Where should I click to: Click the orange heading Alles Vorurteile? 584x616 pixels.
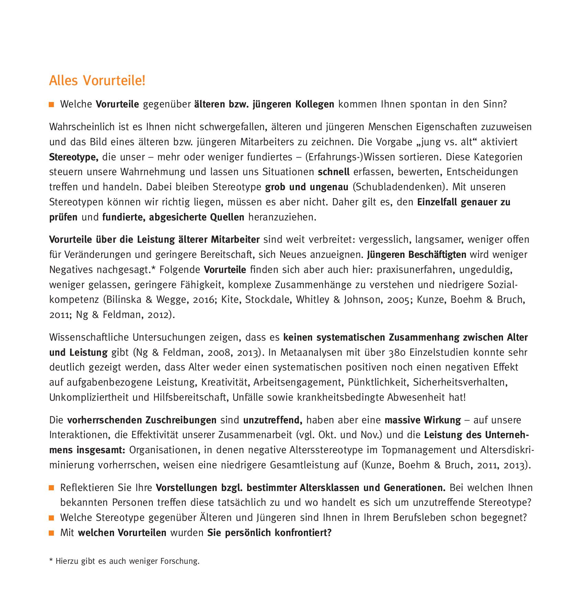(x=97, y=81)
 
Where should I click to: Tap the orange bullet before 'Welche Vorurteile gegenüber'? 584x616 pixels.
(x=51, y=104)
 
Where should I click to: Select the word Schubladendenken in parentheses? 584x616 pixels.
(x=400, y=187)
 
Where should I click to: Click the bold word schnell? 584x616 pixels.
(x=334, y=172)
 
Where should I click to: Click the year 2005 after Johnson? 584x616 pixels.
(x=398, y=300)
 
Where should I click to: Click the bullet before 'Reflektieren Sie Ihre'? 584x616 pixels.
(x=51, y=488)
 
